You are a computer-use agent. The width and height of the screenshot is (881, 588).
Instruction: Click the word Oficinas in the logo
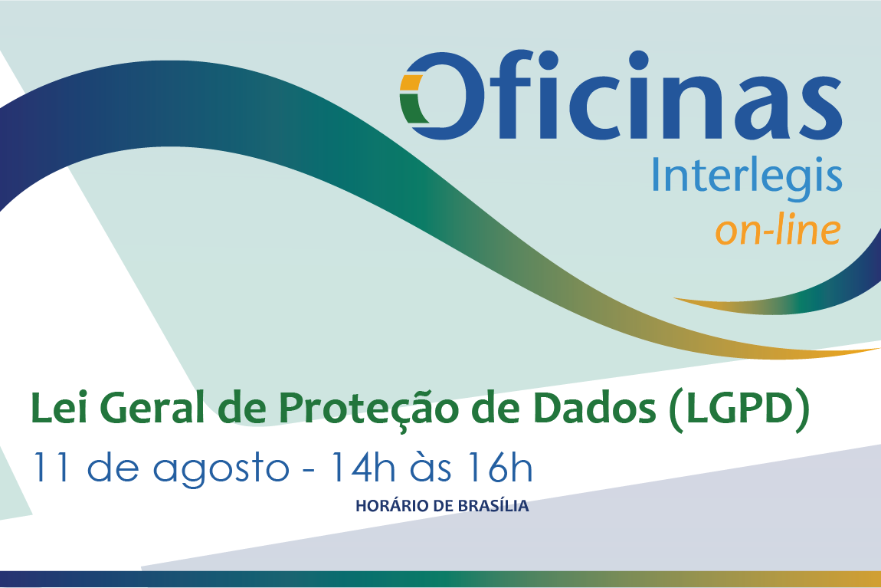(621, 95)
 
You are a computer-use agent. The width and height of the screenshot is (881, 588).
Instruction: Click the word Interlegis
(747, 175)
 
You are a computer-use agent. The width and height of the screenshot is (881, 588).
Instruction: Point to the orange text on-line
(778, 229)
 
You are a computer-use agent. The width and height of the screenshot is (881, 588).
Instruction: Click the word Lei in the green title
(59, 408)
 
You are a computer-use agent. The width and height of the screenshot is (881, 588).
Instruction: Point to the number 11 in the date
(51, 467)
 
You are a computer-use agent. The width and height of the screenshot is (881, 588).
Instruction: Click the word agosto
(221, 470)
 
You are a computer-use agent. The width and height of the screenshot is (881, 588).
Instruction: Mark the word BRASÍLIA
(493, 505)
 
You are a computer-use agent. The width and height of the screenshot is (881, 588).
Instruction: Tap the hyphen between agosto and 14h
(309, 469)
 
